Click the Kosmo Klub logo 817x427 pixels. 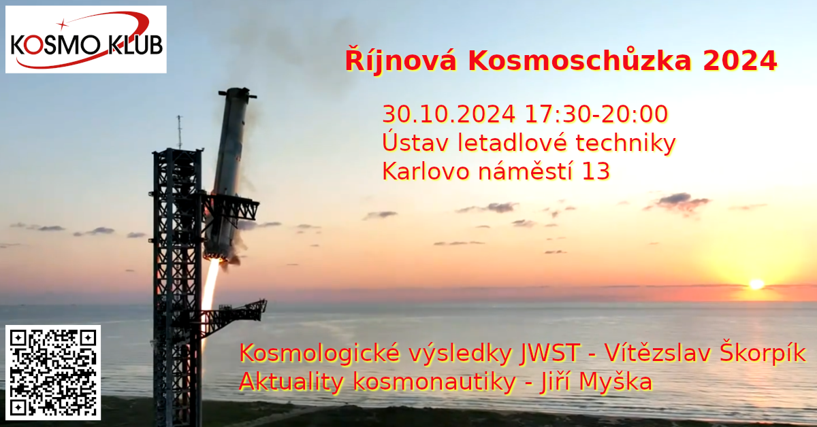(86, 39)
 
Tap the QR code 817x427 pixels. (53, 373)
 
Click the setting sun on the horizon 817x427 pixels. (756, 284)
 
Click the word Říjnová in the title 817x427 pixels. (401, 60)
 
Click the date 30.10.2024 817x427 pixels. (449, 114)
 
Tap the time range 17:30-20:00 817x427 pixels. (596, 114)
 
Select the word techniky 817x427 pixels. (626, 143)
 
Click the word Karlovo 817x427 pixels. (426, 171)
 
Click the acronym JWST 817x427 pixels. (550, 353)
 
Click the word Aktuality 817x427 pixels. (291, 382)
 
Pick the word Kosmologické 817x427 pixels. (319, 353)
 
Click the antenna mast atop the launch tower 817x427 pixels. (180, 132)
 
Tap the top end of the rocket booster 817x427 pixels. (238, 92)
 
